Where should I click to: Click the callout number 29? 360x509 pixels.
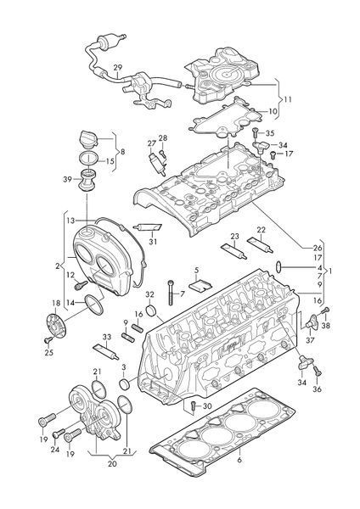pos(118,68)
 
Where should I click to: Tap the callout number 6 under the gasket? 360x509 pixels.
pos(239,460)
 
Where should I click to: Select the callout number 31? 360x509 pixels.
pos(153,242)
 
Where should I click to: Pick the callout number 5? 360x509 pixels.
pos(197,270)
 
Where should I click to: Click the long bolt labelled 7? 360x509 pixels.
pos(171,293)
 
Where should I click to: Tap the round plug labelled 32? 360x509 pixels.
pos(151,310)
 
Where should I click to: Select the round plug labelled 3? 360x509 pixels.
pos(125,384)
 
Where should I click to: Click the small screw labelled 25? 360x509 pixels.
pos(48,339)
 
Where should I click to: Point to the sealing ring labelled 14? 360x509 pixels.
pos(94,305)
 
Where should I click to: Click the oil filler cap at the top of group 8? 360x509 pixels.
pos(88,140)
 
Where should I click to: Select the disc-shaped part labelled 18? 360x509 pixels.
pos(56,326)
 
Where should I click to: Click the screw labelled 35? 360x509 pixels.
pos(255,133)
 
